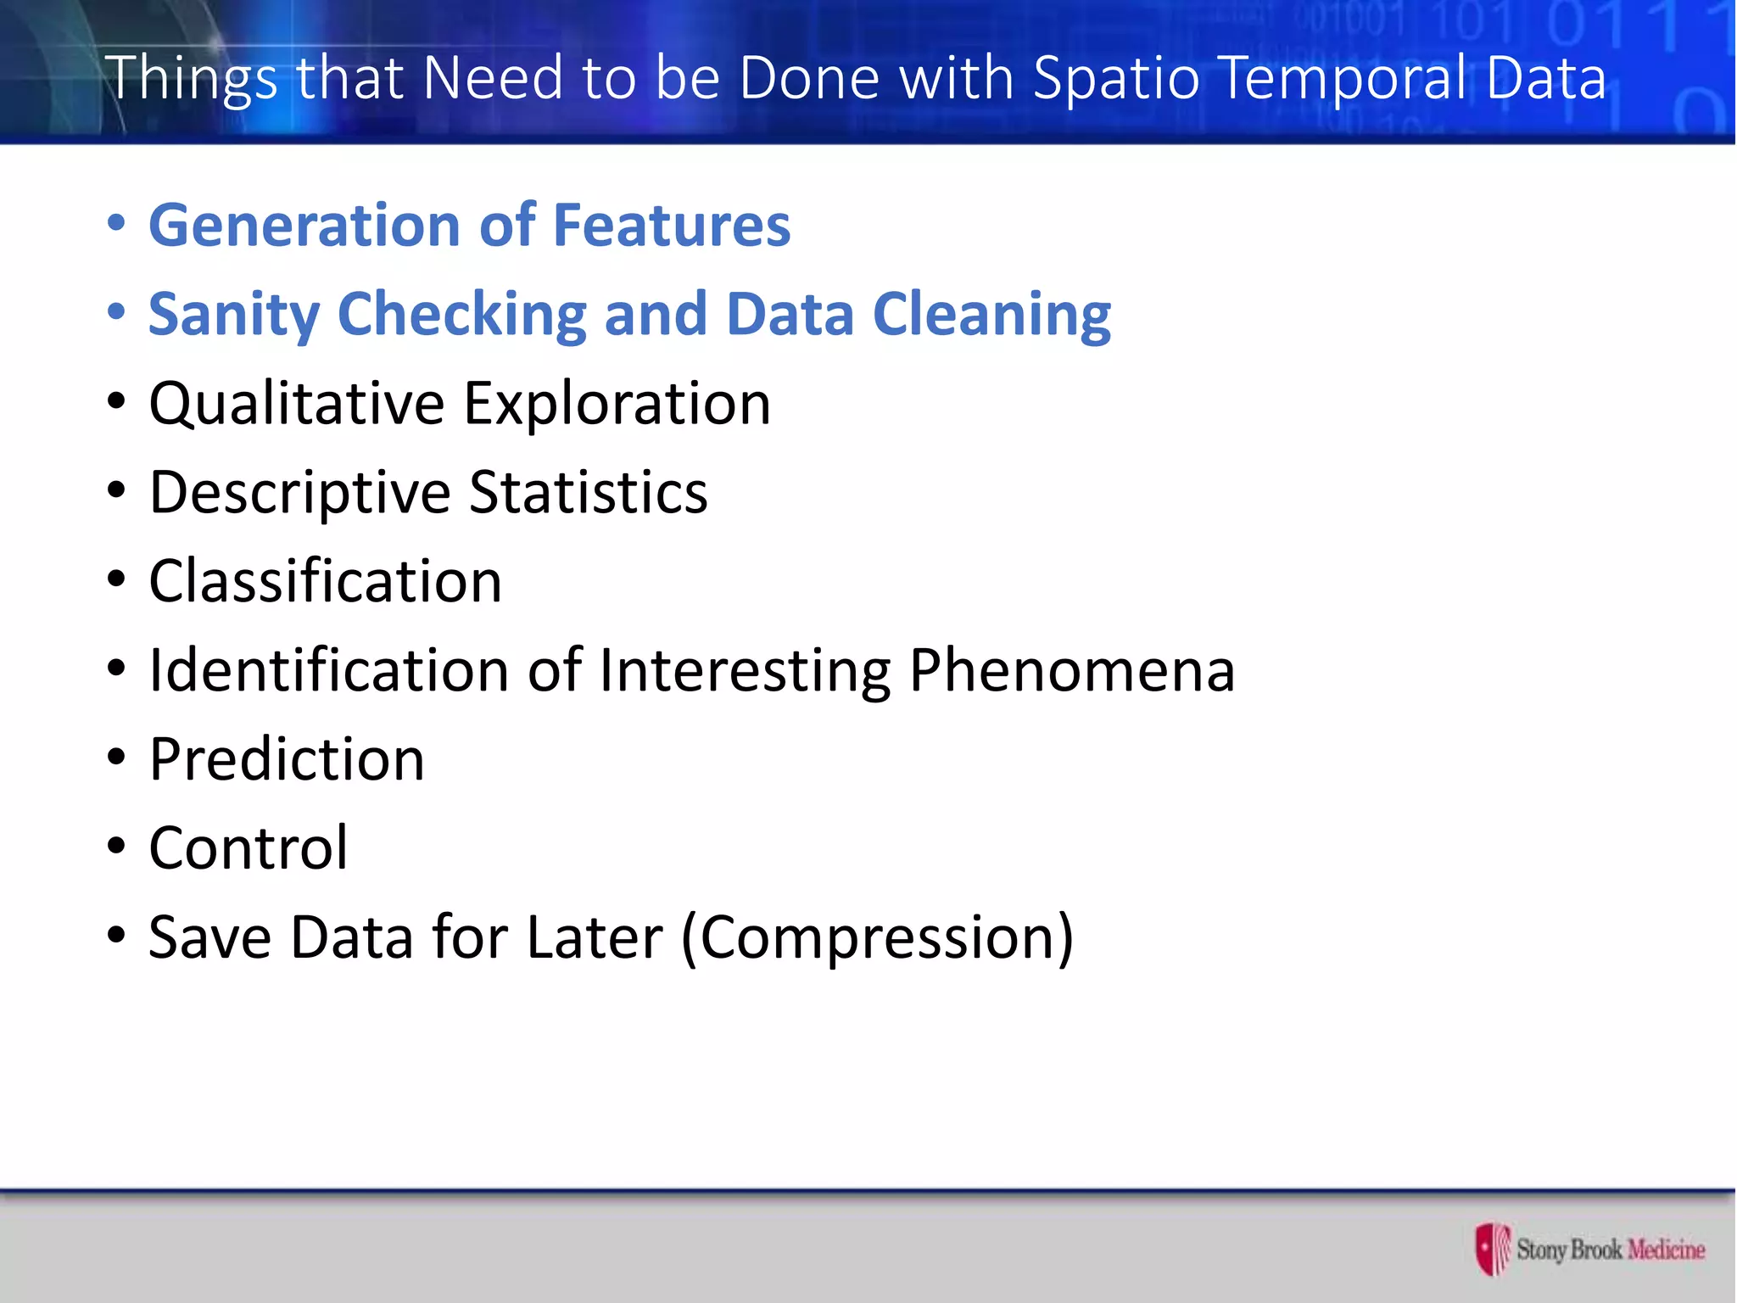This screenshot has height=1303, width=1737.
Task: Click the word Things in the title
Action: (191, 79)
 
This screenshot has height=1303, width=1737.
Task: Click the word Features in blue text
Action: (672, 226)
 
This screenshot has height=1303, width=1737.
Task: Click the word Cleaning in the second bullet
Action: (991, 314)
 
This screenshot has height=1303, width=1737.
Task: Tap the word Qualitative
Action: (296, 404)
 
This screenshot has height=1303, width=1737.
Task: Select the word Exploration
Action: (617, 404)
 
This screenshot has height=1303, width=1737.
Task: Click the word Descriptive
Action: (299, 494)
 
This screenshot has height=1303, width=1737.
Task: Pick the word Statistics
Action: (588, 492)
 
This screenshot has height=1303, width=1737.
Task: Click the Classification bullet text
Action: (325, 582)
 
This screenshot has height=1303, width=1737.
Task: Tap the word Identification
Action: (328, 671)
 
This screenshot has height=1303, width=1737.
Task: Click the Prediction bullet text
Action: (287, 759)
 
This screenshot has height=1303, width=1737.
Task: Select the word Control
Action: (248, 848)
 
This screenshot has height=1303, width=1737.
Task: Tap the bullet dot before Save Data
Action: (116, 936)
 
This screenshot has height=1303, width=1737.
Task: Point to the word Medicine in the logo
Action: (1665, 1250)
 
